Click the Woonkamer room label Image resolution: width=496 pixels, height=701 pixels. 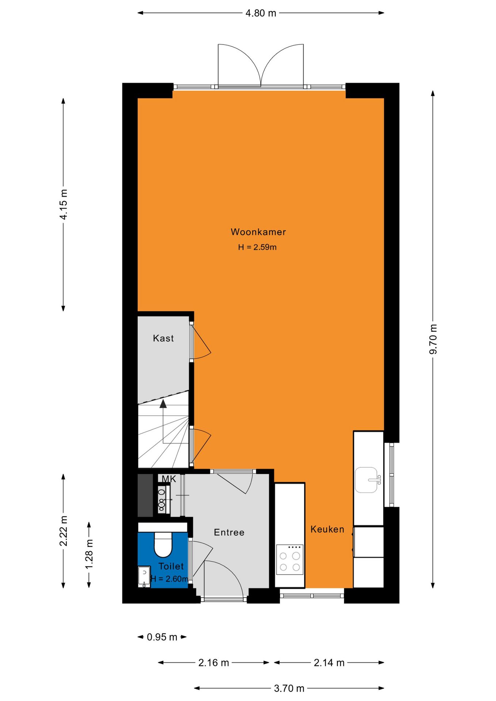258,232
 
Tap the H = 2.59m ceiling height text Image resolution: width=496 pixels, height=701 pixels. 257,247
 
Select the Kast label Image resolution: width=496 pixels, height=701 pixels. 163,338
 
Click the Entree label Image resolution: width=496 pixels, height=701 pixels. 229,532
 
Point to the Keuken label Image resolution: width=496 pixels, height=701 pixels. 327,529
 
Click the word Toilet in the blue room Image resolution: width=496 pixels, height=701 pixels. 171,566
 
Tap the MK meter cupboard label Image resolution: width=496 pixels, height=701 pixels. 169,479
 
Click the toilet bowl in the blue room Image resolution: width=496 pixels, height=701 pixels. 163,544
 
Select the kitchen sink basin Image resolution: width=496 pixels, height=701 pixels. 366,480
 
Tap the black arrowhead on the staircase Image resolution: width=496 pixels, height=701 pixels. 163,403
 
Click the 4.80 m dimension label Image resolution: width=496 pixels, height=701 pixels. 261,13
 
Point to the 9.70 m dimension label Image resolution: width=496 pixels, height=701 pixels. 433,339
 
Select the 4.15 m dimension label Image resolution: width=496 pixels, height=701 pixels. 64,204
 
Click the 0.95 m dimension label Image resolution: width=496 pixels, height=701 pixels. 162,637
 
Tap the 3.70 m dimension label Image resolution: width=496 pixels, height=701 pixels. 289,688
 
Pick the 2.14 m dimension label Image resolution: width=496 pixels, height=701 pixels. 329,663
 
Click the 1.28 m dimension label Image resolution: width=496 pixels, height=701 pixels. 89,554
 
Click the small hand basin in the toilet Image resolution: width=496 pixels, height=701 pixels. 144,576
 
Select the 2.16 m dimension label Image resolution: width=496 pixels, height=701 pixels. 214,663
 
